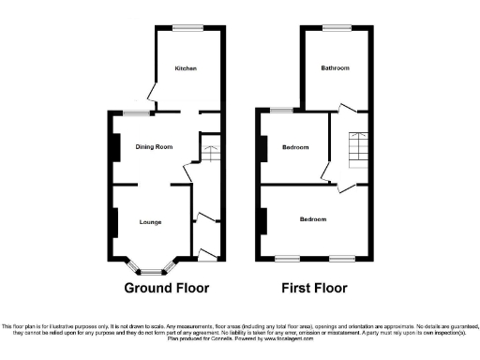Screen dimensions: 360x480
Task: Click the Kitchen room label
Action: (x=184, y=68)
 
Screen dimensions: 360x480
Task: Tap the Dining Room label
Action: (x=154, y=147)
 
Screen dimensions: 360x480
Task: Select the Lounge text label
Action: (x=150, y=222)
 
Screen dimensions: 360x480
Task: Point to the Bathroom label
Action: (x=335, y=68)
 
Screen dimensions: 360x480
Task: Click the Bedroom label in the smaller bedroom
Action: (x=296, y=146)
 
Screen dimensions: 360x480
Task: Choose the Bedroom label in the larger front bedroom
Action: (x=313, y=219)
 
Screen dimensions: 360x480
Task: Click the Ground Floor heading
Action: (x=167, y=288)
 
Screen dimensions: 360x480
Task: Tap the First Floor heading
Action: (x=313, y=288)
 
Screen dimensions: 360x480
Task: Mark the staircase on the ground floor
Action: (x=209, y=151)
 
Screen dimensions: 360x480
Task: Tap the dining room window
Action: (x=138, y=113)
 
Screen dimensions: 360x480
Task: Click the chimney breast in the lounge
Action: (x=114, y=222)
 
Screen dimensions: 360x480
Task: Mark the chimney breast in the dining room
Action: (x=114, y=148)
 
